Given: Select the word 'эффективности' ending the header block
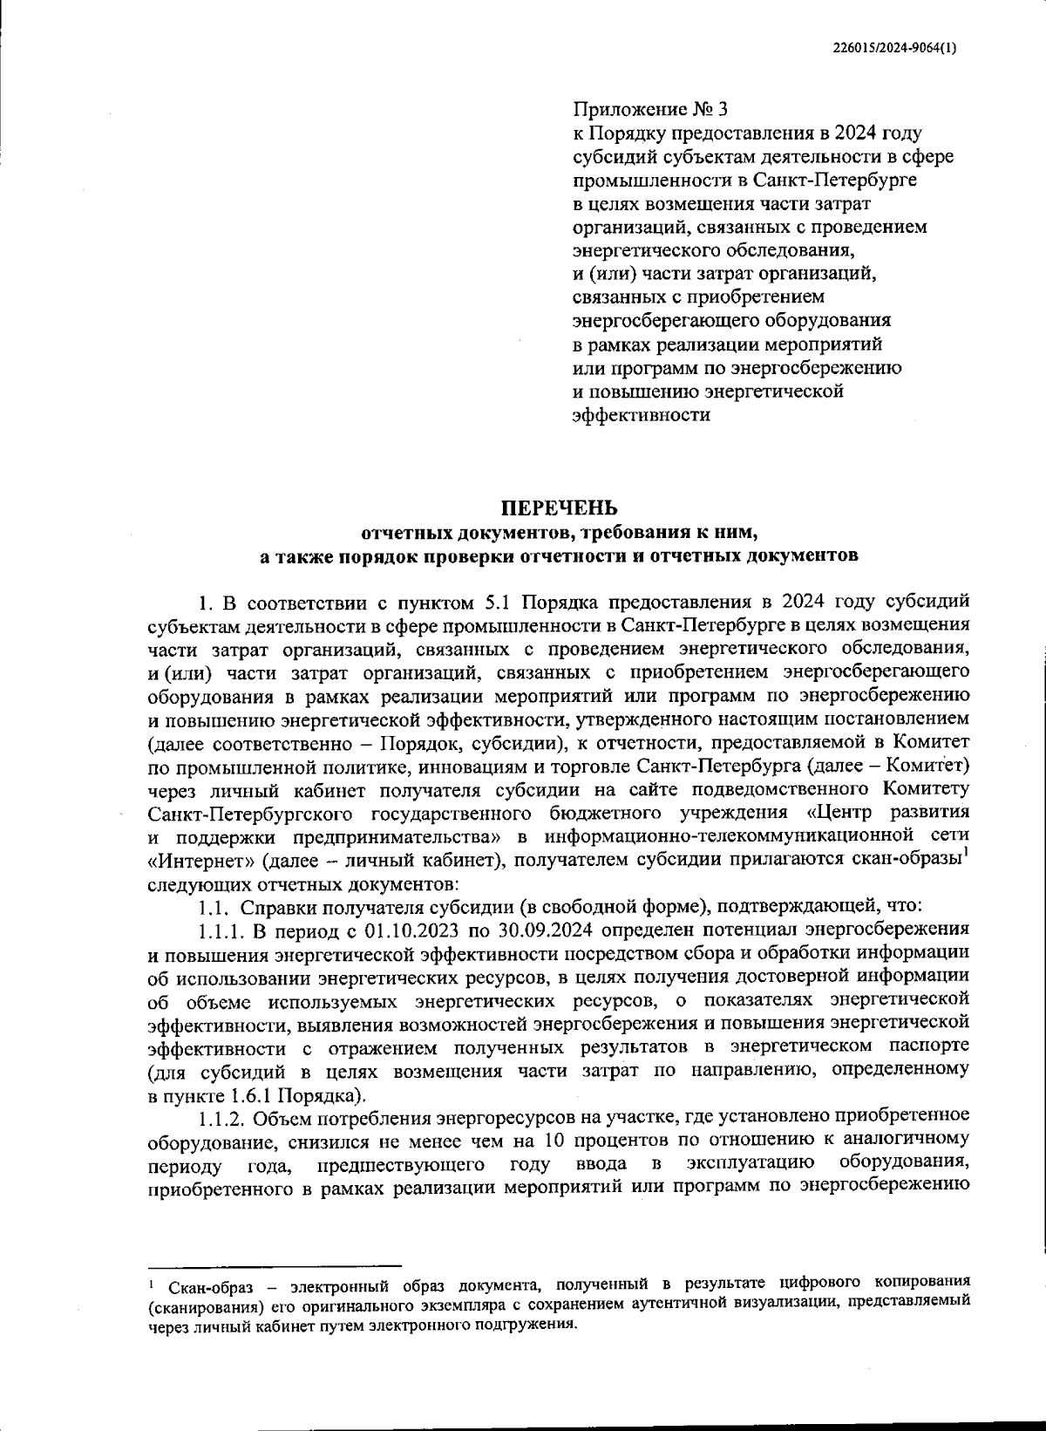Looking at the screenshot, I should click(x=641, y=415).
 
